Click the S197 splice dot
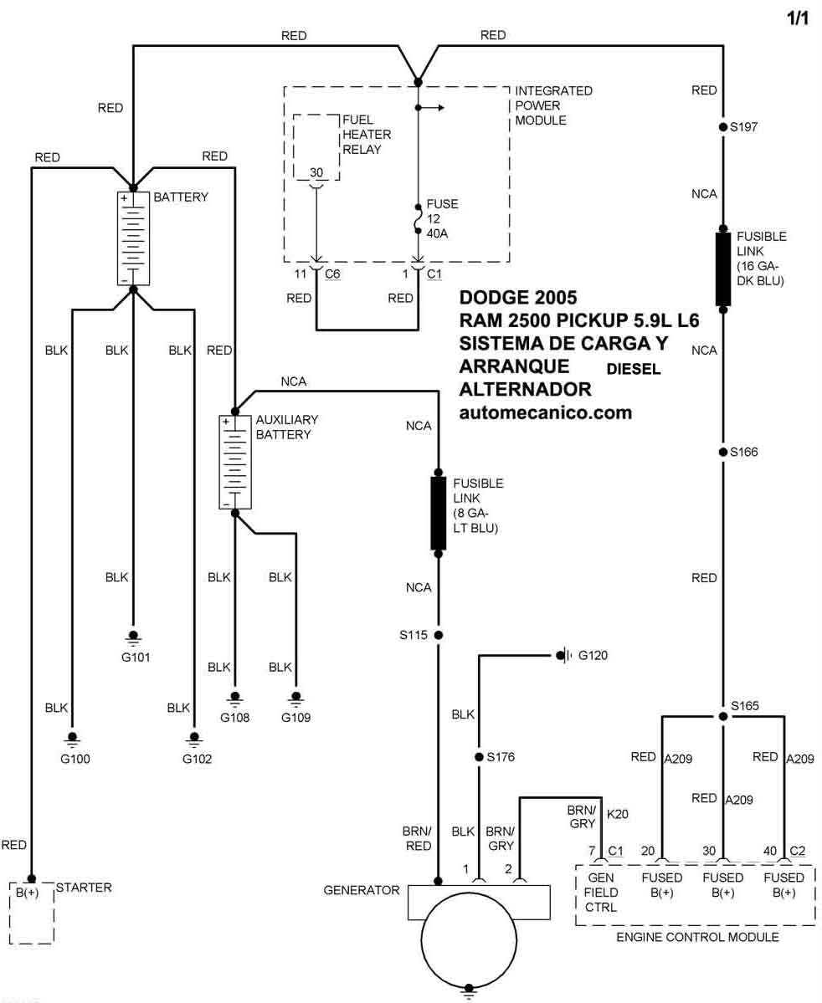(x=722, y=126)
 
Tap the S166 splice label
(x=744, y=452)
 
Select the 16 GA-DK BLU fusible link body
(x=722, y=269)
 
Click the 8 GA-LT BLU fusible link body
(x=438, y=513)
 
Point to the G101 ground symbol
(x=133, y=637)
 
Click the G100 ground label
(x=74, y=759)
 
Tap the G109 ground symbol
(x=295, y=698)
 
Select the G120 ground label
(x=593, y=655)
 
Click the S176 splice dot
(x=479, y=757)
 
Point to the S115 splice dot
(x=439, y=635)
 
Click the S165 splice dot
(x=722, y=716)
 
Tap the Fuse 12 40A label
(x=442, y=219)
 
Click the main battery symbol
(x=133, y=238)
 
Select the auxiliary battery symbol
(x=234, y=462)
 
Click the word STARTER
(x=84, y=888)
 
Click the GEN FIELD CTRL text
(x=600, y=893)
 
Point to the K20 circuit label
(x=617, y=814)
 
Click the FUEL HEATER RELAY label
(x=366, y=135)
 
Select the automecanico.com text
(x=546, y=412)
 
